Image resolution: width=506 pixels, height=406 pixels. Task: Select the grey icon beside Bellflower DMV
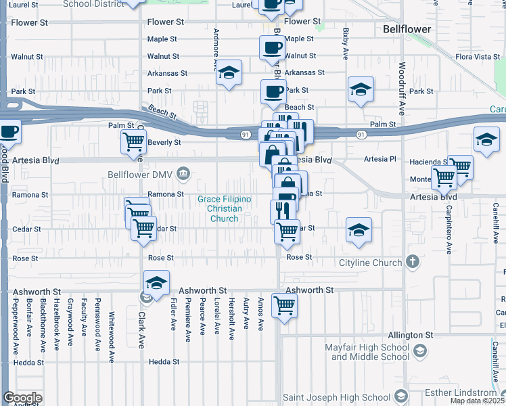pyautogui.click(x=183, y=175)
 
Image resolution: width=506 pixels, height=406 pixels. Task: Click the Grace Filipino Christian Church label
pyautogui.click(x=224, y=208)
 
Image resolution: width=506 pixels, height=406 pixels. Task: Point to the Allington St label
pyautogui.click(x=410, y=335)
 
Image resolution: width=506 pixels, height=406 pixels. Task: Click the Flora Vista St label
pyautogui.click(x=478, y=57)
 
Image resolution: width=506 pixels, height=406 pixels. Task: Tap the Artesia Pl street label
pyautogui.click(x=379, y=159)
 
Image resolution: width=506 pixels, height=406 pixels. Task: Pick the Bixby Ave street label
pyautogui.click(x=346, y=44)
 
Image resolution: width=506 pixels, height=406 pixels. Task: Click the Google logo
pyautogui.click(x=22, y=398)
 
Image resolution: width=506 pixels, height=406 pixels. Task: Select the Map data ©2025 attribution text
pyautogui.click(x=478, y=401)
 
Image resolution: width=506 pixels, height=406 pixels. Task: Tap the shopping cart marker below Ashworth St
pyautogui.click(x=284, y=306)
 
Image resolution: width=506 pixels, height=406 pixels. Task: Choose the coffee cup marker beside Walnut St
pyautogui.click(x=273, y=48)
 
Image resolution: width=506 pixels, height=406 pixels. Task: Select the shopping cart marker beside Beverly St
pyautogui.click(x=133, y=142)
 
